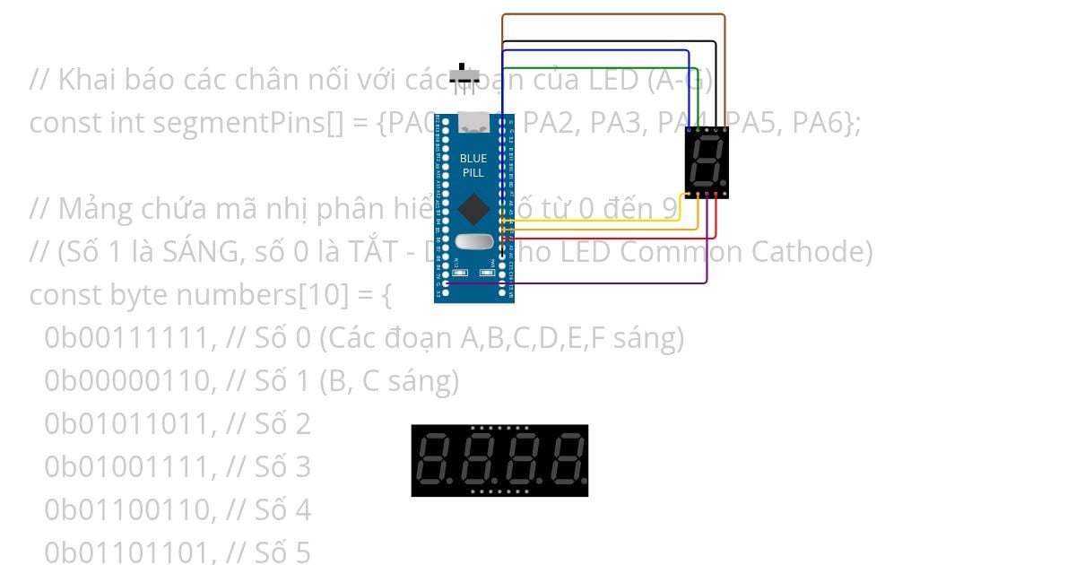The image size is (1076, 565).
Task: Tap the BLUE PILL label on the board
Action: (473, 165)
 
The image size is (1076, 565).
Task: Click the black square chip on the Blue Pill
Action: (473, 210)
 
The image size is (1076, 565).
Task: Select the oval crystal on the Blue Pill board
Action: (473, 241)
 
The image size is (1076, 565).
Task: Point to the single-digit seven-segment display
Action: (707, 161)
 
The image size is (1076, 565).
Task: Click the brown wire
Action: (613, 14)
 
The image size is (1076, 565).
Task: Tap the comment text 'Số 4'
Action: (282, 510)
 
